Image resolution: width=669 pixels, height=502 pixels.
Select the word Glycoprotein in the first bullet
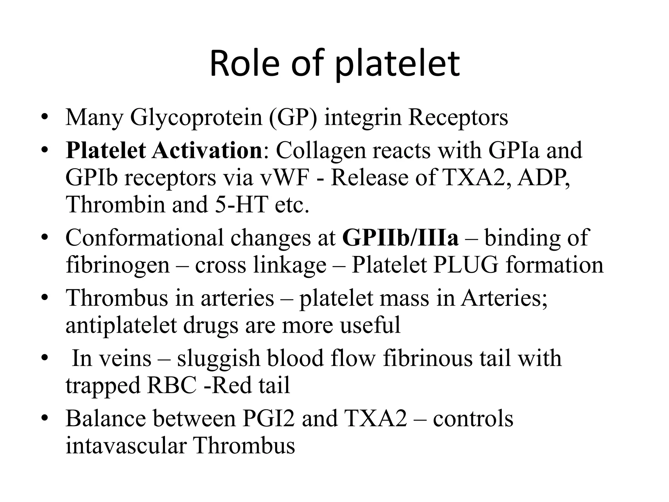(196, 117)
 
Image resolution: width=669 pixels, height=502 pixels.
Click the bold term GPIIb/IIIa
(400, 238)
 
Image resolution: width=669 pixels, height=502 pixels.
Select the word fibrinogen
(118, 265)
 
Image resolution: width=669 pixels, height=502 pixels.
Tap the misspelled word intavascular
(126, 445)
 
